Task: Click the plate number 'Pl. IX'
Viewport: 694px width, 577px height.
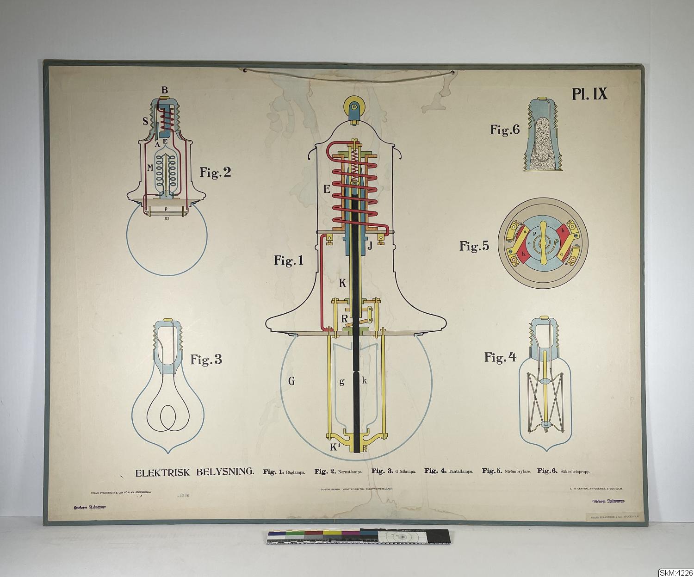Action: coord(589,94)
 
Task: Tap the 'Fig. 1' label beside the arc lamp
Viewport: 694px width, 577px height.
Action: coord(289,261)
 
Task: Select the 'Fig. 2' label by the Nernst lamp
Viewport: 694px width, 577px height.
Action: coord(215,173)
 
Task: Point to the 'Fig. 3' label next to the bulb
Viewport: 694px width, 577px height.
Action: coord(206,360)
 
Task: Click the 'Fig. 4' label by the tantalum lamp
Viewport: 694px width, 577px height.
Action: coord(500,357)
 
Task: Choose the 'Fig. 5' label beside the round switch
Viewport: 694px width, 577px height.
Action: coord(474,246)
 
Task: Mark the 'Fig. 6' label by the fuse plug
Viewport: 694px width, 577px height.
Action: coord(505,130)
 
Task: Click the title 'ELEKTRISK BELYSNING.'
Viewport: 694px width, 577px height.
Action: coord(194,472)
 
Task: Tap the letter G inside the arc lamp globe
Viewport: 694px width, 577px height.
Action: coord(291,381)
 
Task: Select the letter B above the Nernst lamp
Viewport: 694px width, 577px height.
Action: coord(164,90)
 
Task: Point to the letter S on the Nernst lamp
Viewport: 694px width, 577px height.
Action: coord(145,121)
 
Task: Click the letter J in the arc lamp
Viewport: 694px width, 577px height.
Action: coord(370,246)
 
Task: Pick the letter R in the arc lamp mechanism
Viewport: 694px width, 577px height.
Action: coord(344,318)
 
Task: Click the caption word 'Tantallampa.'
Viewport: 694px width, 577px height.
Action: coord(460,472)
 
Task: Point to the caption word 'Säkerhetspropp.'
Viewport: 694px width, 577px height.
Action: coord(575,472)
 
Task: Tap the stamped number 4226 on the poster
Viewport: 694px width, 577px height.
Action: coord(183,496)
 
